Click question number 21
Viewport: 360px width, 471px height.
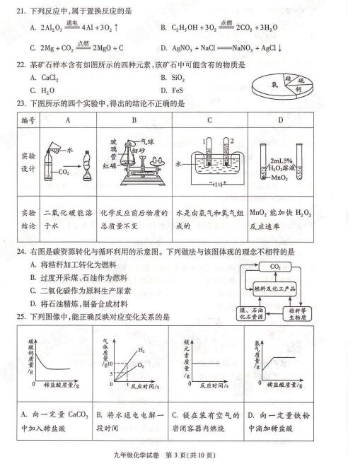pyautogui.click(x=21, y=10)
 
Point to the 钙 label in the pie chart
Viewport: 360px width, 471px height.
pyautogui.click(x=300, y=90)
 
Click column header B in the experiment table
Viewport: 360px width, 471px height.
pyautogui.click(x=133, y=120)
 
